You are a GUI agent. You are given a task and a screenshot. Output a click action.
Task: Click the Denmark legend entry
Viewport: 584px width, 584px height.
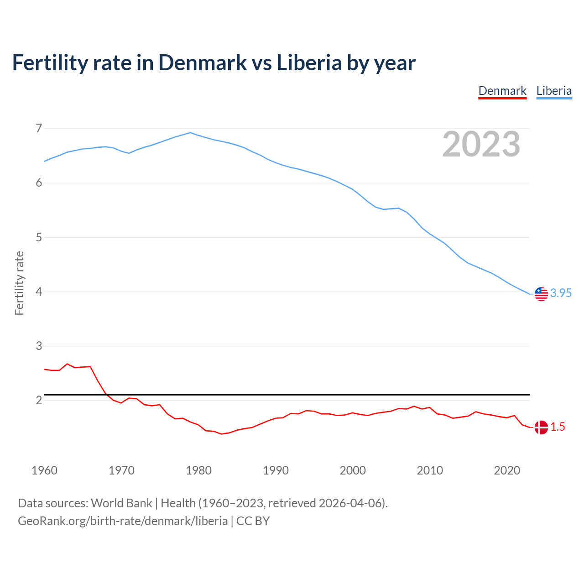coord(502,91)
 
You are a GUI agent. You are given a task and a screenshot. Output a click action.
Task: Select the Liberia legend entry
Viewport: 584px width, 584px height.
coord(554,91)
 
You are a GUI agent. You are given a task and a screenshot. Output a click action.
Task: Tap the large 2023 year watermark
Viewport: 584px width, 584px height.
coord(481,144)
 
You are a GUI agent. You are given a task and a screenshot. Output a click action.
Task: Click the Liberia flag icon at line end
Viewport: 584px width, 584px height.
coord(541,294)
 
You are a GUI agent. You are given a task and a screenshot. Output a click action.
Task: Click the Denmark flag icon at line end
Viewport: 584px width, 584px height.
coord(541,428)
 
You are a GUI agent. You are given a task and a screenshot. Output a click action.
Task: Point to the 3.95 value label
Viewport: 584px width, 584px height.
coord(561,293)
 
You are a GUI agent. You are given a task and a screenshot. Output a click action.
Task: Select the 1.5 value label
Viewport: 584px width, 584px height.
coord(558,427)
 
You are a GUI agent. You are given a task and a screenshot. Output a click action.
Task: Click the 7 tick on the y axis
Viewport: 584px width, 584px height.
coord(39,129)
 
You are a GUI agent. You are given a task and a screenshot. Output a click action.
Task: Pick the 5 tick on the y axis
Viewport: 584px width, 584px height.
coord(39,237)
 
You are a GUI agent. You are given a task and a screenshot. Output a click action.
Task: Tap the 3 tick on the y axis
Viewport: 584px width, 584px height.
coord(39,346)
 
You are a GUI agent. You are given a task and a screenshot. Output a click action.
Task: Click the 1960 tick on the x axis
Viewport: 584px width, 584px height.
coord(44,470)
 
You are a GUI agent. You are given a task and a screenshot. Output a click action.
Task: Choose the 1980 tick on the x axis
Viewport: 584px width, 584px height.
coord(198,470)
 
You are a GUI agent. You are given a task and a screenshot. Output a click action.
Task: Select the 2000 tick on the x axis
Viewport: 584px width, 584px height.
coord(353,470)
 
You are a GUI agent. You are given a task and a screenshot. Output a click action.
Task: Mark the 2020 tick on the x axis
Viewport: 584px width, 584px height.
coord(507,470)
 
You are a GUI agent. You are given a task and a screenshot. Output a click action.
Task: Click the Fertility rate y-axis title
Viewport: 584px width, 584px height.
coord(19,283)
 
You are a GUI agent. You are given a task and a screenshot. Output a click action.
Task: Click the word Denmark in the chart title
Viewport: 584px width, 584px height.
coord(203,63)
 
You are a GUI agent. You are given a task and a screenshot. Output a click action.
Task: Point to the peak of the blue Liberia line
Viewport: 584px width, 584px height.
coord(191,133)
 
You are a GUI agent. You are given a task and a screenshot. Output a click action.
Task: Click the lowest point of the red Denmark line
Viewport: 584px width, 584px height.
coord(222,434)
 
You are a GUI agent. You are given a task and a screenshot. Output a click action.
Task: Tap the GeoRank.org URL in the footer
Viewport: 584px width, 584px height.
coord(123,521)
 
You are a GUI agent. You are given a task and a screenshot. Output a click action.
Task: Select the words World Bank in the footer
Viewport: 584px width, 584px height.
coord(121,503)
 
